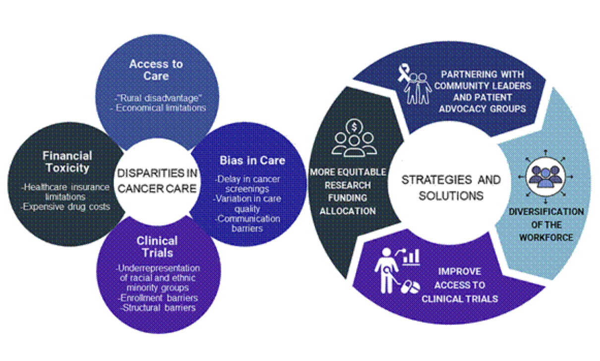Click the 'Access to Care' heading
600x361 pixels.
[156, 70]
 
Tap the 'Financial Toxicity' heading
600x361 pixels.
[67, 162]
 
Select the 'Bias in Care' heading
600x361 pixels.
[252, 160]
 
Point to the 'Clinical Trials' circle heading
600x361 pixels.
[157, 246]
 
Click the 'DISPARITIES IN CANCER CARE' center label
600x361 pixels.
[157, 181]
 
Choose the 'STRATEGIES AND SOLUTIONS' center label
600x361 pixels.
[451, 187]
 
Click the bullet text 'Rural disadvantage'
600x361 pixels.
[159, 98]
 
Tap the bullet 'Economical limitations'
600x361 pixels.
[158, 108]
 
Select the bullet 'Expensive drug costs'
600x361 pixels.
[65, 207]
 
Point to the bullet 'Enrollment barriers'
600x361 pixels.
[158, 298]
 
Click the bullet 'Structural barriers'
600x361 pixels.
[158, 308]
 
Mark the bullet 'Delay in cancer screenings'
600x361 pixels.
[247, 183]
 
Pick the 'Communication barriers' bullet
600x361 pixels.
[247, 224]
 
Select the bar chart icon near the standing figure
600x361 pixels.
[411, 257]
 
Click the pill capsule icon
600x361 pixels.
[410, 287]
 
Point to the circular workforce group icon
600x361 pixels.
[545, 177]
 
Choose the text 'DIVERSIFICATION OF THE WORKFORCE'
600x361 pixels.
[546, 225]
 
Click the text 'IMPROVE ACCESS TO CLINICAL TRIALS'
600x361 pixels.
[460, 285]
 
